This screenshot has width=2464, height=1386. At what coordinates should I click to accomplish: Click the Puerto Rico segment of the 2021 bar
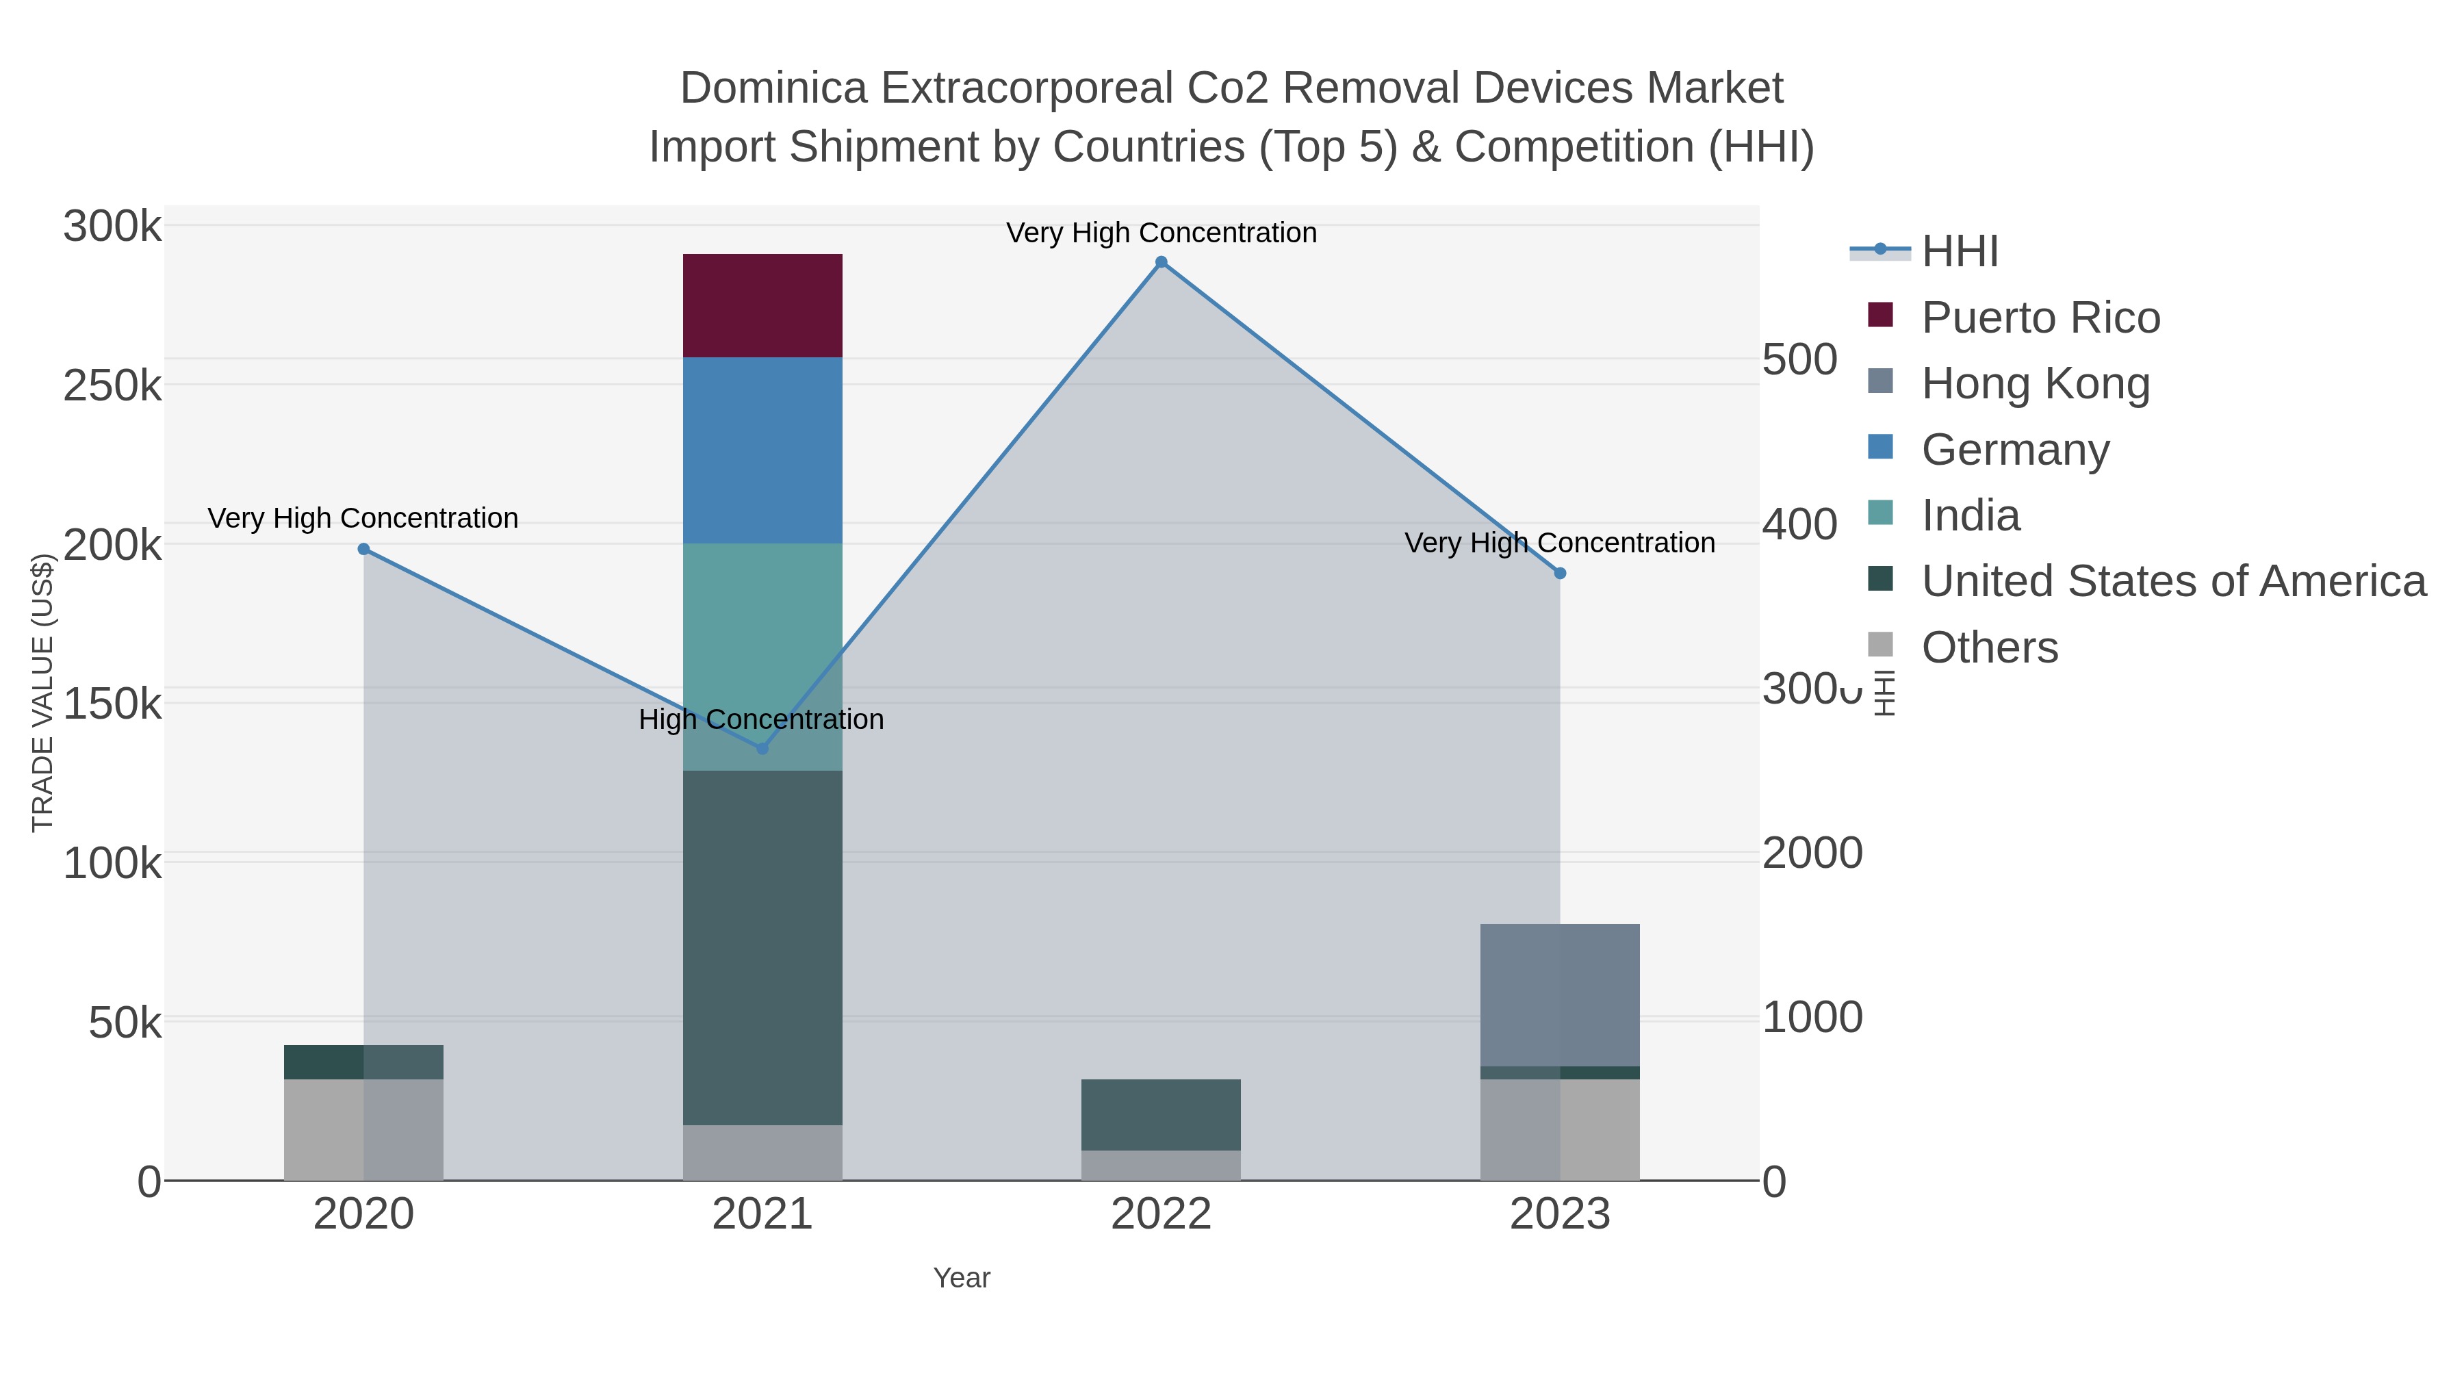point(762,305)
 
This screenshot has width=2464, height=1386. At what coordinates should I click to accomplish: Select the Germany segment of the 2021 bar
point(762,450)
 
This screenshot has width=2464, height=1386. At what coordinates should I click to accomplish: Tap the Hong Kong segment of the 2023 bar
point(1559,994)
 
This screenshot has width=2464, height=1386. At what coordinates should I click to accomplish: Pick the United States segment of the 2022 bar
point(1160,1114)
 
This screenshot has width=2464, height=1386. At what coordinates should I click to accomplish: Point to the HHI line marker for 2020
point(363,549)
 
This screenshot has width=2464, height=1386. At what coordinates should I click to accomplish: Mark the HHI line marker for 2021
point(762,748)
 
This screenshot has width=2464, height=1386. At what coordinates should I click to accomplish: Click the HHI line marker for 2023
point(1560,573)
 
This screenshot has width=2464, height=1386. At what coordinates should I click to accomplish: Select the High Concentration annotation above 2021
point(761,719)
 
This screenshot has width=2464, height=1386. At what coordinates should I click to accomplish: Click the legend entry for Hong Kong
point(2035,383)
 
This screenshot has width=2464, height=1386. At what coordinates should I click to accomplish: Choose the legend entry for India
point(1971,515)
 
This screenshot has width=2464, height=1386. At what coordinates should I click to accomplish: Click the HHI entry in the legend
point(1959,252)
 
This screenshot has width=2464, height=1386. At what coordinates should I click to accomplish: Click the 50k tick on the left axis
point(125,1023)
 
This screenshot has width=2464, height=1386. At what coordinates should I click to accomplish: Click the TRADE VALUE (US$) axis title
point(43,693)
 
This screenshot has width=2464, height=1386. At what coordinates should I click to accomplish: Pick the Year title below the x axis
point(962,1278)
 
